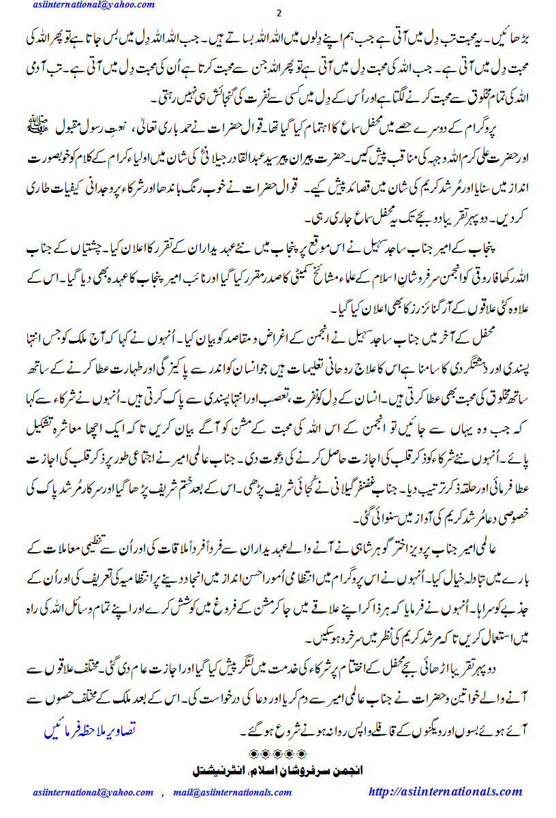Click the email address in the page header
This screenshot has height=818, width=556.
[93, 5]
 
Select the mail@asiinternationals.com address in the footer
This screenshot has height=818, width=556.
[232, 792]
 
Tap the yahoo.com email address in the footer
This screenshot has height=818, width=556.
[94, 792]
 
